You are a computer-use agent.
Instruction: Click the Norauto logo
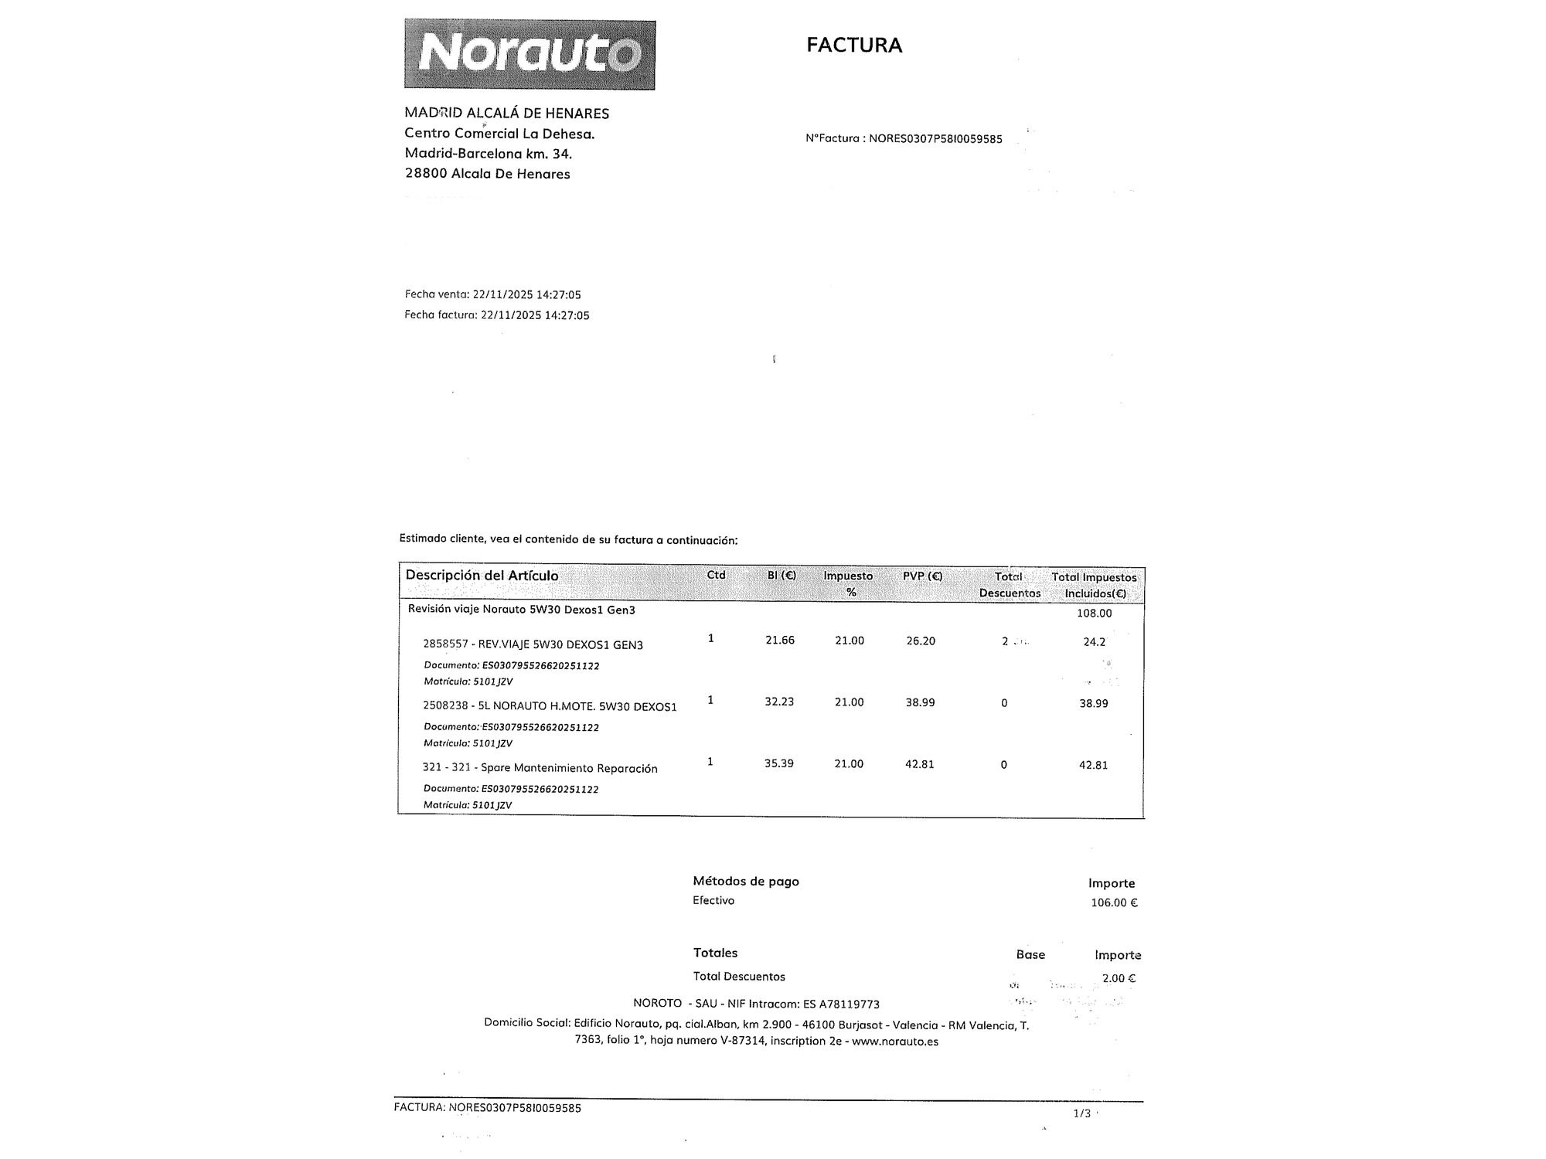pos(530,55)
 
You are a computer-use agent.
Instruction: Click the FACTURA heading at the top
pos(854,45)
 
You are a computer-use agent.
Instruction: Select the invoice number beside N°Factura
pos(935,139)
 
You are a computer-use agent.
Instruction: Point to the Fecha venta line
pos(492,294)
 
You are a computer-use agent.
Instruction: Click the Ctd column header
pos(716,575)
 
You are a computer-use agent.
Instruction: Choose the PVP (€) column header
pos(922,576)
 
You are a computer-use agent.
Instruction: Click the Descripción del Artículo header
pos(482,576)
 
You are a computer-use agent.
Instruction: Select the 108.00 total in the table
pos(1094,613)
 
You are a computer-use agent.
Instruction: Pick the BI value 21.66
pos(779,641)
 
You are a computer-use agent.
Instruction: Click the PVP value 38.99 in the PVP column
pos(920,703)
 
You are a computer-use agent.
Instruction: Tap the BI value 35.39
pos(778,764)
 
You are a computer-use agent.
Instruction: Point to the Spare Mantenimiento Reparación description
pos(569,769)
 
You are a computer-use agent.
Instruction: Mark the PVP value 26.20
pos(920,641)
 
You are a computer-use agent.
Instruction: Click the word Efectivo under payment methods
pos(713,901)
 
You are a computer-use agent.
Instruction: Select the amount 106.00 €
pos(1114,903)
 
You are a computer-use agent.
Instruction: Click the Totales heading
pos(715,953)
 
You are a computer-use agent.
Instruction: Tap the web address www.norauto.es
pos(895,1042)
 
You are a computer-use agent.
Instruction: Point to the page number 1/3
pos(1081,1113)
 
